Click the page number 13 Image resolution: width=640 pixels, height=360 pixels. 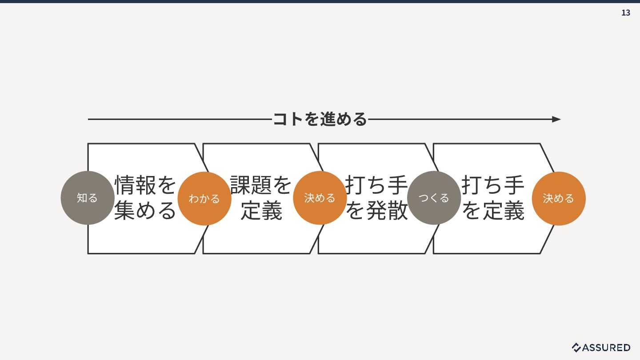(625, 13)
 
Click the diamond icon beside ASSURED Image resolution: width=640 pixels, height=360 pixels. (576, 348)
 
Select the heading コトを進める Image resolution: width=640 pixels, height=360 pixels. (320, 119)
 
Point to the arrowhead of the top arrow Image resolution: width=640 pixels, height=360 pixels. (556, 119)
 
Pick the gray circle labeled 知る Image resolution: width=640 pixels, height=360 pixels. (88, 198)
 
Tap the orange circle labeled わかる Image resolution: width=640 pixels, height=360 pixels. (204, 198)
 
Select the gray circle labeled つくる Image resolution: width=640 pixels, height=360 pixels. (434, 198)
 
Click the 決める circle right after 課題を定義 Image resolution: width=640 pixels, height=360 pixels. (320, 198)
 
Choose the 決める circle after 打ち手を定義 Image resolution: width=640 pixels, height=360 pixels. (559, 198)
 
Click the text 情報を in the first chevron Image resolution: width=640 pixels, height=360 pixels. (146, 185)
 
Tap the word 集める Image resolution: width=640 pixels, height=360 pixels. (146, 211)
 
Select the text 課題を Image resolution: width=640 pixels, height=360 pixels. (261, 185)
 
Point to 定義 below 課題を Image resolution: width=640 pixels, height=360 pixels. (261, 211)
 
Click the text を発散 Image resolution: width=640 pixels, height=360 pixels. (377, 211)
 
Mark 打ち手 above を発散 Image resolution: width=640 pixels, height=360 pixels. (377, 185)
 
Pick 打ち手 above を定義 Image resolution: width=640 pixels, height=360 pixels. (493, 185)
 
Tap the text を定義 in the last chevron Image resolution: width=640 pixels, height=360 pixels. (493, 211)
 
